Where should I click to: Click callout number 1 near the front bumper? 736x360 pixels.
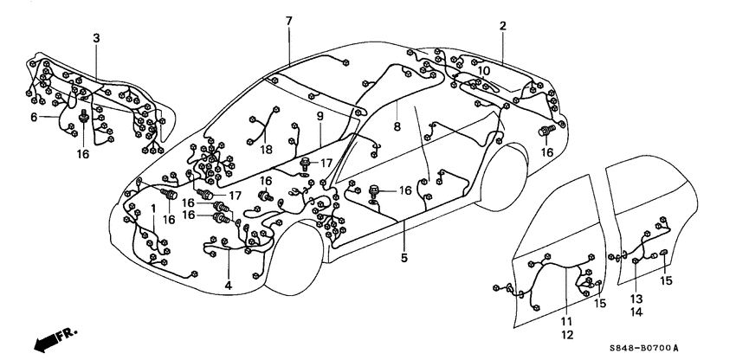(x=154, y=209)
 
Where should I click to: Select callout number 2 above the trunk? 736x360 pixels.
(x=502, y=26)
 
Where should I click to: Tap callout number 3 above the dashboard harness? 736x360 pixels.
(x=96, y=37)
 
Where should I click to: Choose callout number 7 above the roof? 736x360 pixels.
(x=289, y=20)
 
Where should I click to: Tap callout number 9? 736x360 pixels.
(x=320, y=116)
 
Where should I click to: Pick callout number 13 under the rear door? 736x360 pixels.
(x=636, y=298)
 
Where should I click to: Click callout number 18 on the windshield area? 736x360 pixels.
(x=268, y=149)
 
